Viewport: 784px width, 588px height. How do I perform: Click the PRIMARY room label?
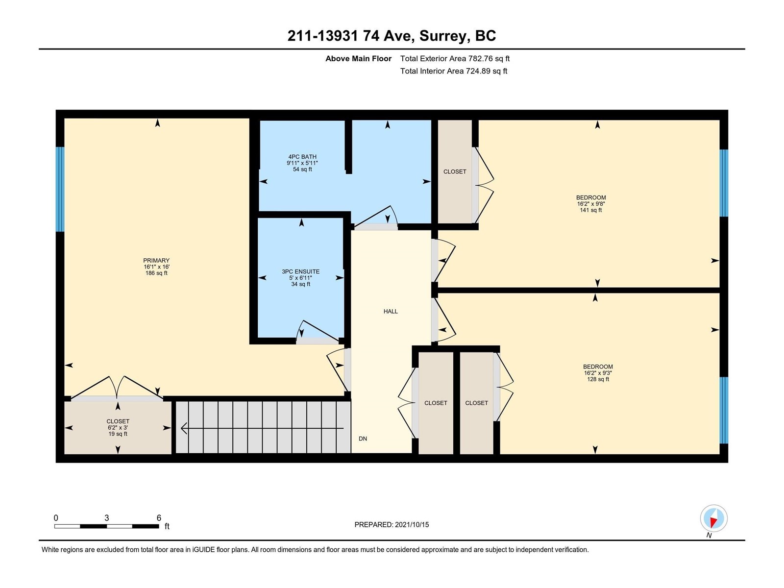click(156, 261)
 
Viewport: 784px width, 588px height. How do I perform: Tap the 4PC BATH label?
click(302, 157)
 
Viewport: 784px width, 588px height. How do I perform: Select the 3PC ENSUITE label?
click(300, 271)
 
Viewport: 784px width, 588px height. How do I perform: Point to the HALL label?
click(391, 311)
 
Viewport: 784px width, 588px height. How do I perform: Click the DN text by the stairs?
click(363, 439)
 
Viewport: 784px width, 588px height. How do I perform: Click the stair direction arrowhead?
click(184, 428)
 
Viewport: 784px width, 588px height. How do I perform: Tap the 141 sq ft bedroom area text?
click(591, 210)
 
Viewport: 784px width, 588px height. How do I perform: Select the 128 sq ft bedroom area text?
click(598, 379)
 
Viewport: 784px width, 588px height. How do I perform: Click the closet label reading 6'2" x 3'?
click(118, 428)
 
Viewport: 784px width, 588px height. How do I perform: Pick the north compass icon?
click(713, 518)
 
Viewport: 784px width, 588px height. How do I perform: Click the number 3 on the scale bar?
click(106, 518)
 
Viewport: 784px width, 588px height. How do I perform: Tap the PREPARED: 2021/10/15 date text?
click(392, 524)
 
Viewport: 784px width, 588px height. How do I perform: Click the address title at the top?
click(392, 36)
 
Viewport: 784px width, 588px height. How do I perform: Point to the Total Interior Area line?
click(454, 71)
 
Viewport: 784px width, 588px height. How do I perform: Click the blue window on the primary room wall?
click(60, 189)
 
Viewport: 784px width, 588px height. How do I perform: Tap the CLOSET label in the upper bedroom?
click(455, 171)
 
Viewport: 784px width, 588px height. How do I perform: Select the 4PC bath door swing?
click(376, 217)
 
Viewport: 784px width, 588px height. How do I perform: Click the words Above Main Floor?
click(358, 58)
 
